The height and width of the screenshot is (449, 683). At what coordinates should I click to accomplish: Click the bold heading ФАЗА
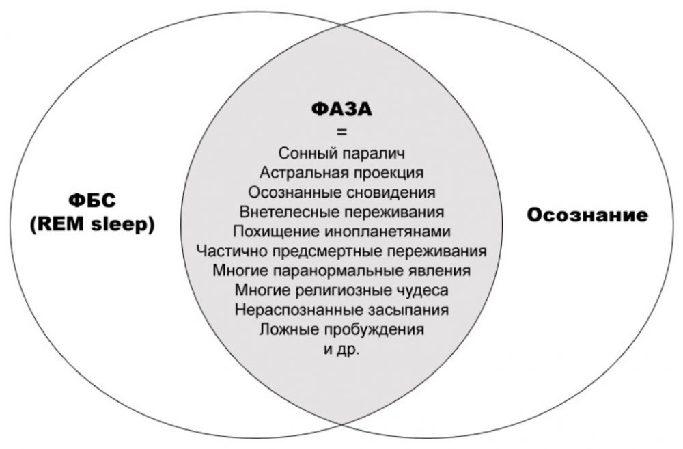tap(342, 109)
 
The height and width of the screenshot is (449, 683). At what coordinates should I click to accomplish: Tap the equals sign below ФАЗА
tap(342, 133)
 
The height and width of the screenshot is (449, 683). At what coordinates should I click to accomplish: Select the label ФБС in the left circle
tap(92, 201)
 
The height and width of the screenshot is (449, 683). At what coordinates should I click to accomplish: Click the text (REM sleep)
tap(92, 225)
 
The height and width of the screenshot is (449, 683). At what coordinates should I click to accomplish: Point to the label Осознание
tap(587, 215)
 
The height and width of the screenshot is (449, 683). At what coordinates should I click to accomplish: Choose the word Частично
tap(232, 251)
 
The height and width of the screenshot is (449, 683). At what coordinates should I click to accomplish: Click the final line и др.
tap(342, 350)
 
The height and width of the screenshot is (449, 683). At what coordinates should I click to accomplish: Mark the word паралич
tap(374, 154)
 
